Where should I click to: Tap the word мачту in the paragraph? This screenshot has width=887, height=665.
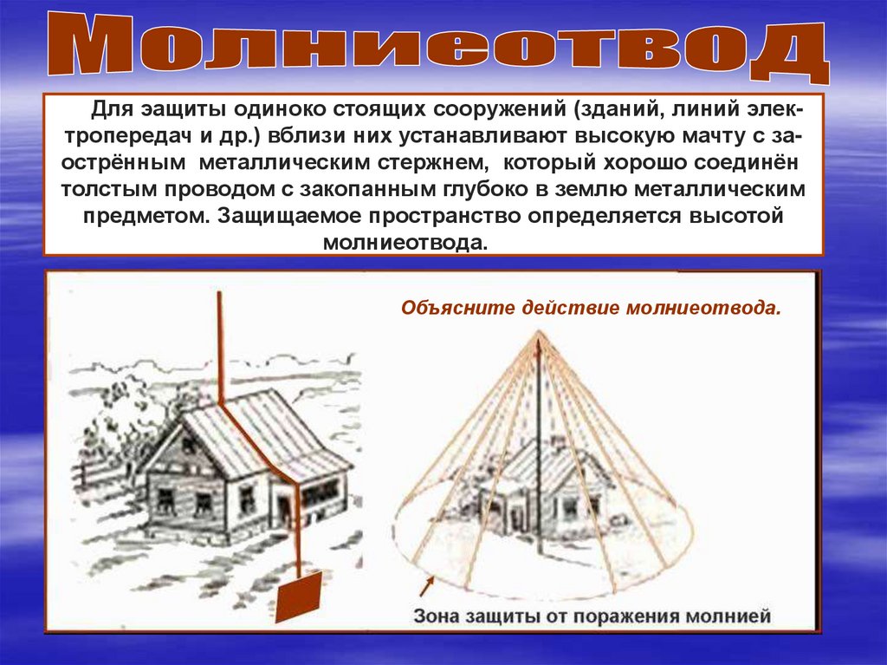point(712,136)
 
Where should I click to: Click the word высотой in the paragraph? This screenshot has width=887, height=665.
point(736,216)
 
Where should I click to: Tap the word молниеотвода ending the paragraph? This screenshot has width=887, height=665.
point(405,243)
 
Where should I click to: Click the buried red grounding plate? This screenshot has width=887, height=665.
point(298,597)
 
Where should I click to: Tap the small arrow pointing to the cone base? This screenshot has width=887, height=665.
point(426,586)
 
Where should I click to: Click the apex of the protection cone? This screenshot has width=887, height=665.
point(539,331)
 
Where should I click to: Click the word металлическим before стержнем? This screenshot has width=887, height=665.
point(284,163)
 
